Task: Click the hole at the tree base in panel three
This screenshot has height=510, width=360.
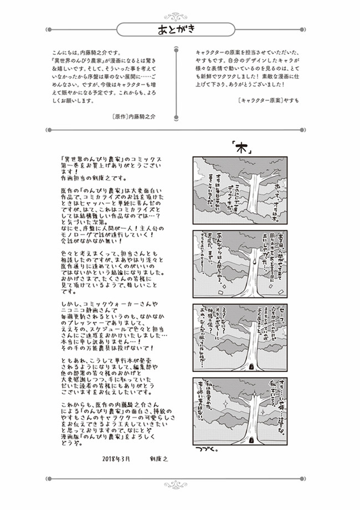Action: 253,367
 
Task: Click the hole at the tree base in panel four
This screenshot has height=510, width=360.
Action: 253,441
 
